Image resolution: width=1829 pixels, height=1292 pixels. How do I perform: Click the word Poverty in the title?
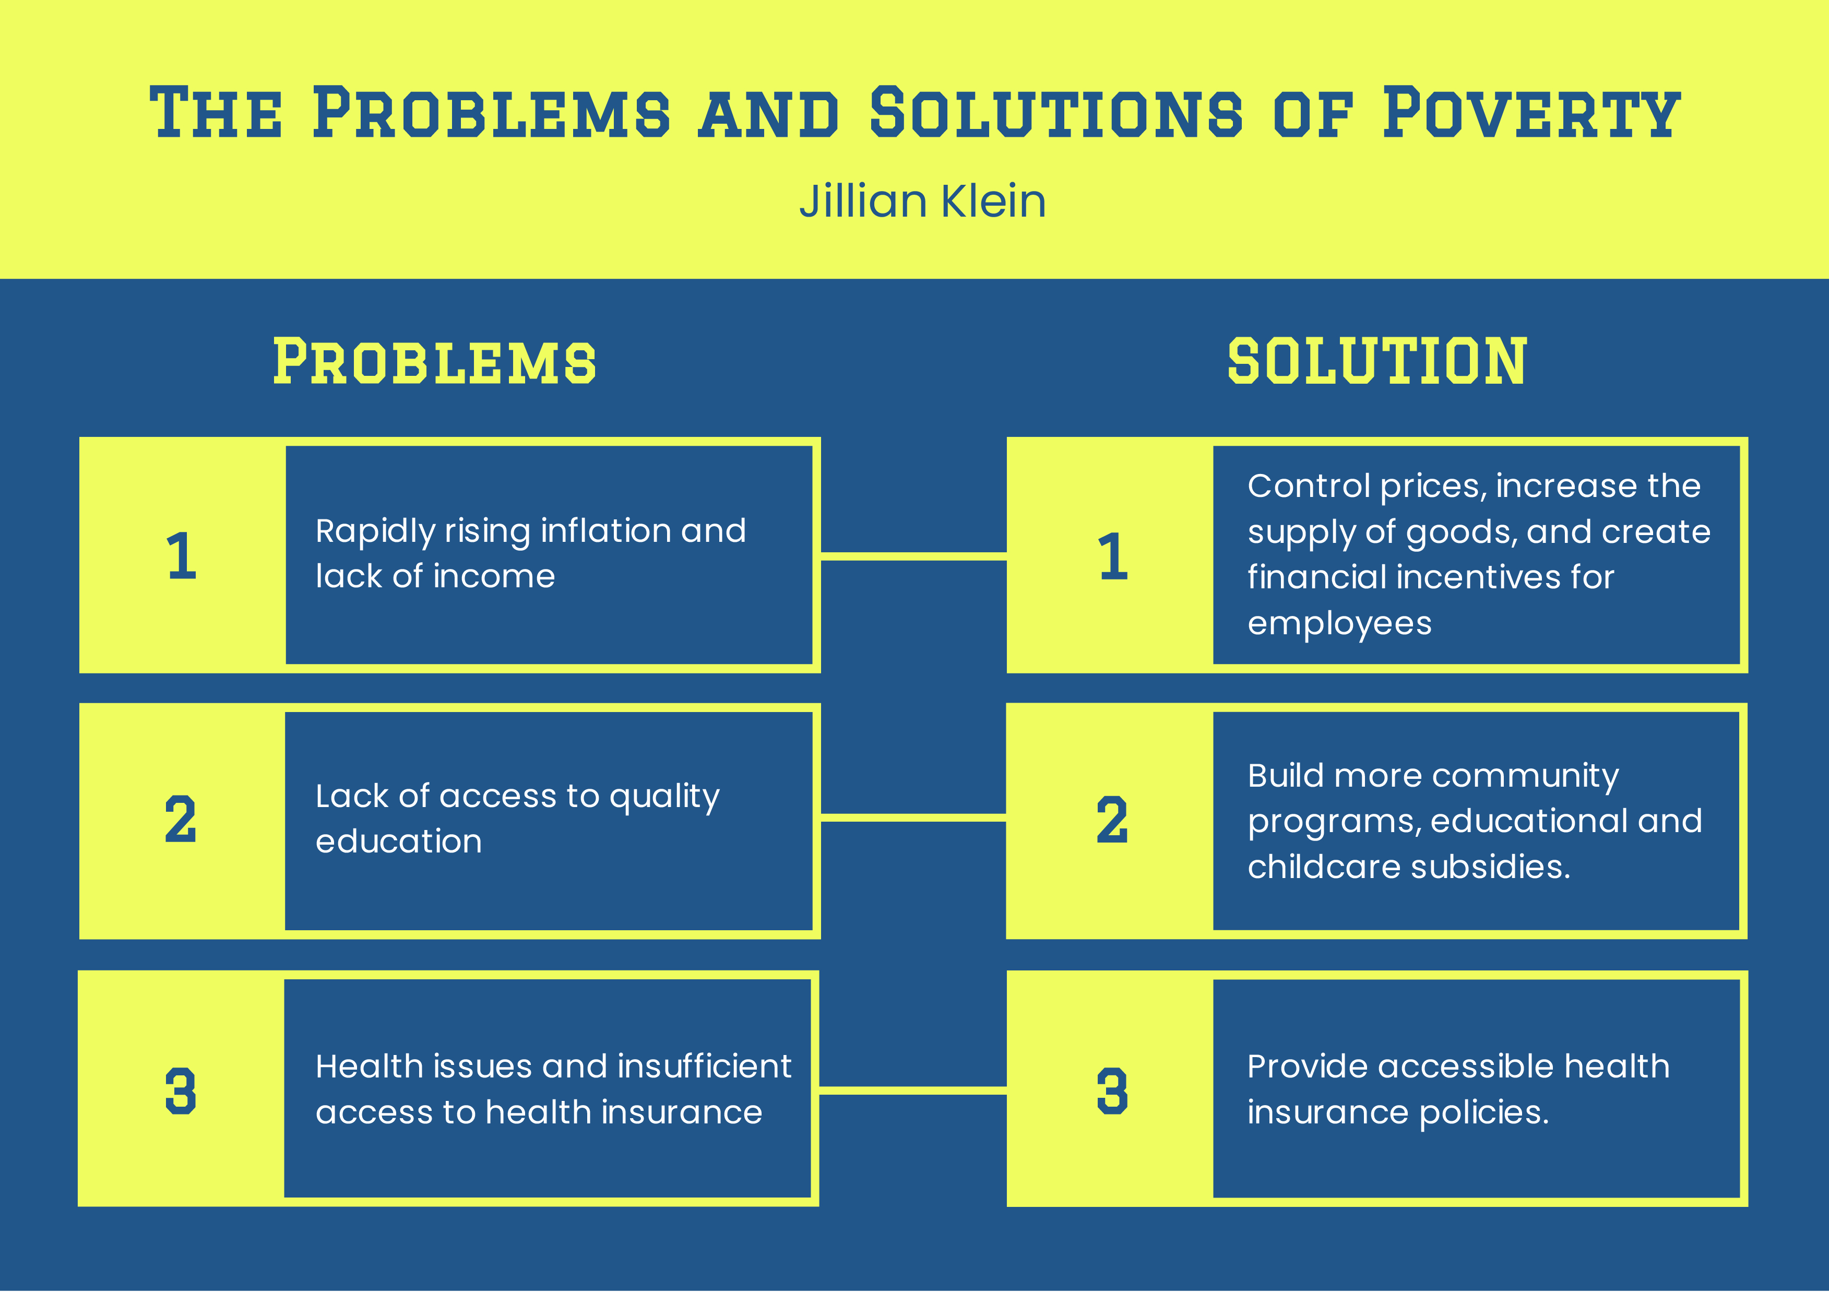(1531, 113)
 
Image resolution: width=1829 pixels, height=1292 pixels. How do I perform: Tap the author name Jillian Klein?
(922, 201)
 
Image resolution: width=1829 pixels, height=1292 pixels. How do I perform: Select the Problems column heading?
(434, 362)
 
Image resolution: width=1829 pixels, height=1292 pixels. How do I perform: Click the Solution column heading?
(1376, 362)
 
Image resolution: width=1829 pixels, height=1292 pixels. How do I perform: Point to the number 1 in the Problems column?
(182, 556)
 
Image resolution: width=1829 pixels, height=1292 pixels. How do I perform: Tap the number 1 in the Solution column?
(1113, 556)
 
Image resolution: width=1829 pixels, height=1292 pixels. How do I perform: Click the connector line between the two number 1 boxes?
(913, 556)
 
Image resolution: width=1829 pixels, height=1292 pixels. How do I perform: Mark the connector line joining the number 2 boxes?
(913, 818)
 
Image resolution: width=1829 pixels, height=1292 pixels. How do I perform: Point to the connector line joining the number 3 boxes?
(913, 1089)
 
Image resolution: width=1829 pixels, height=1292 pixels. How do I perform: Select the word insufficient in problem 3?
(704, 1066)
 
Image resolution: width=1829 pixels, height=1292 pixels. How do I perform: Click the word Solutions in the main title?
(1055, 113)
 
